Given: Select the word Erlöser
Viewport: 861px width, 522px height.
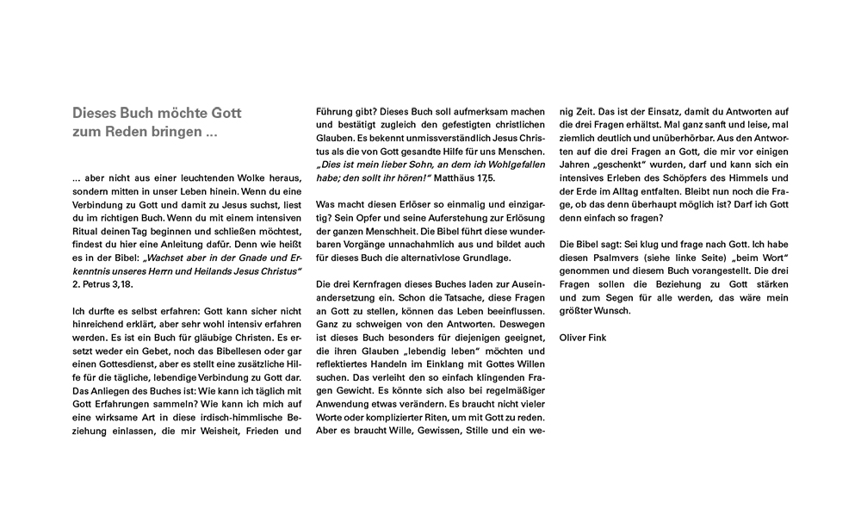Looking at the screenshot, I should pos(405,205).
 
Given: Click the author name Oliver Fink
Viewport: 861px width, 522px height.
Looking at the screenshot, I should pos(583,338).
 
